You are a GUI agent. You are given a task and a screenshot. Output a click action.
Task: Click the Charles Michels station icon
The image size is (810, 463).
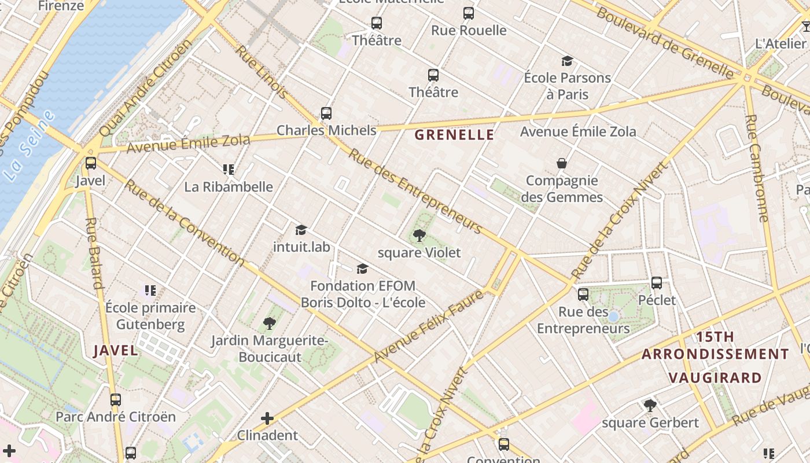pos(326,113)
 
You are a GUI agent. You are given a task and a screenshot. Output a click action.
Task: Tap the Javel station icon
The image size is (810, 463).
pos(91,163)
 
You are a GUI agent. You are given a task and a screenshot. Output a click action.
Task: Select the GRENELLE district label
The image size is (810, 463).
pos(455,135)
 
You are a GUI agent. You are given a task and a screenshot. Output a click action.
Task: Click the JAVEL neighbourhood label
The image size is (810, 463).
pos(116,350)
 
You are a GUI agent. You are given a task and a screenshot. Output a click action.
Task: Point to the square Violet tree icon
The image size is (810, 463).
pos(419,236)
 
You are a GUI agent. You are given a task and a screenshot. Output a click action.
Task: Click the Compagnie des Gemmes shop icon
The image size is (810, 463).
pos(561,163)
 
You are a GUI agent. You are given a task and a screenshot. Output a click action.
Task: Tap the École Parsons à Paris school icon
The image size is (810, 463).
pos(567,61)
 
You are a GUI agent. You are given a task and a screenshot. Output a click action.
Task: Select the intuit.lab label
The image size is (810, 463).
pos(301,247)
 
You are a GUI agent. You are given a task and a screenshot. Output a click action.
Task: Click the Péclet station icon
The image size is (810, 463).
pos(657,283)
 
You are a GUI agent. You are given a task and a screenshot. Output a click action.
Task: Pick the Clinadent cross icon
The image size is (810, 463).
pos(267,418)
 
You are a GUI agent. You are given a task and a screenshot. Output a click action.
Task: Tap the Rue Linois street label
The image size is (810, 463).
pos(262,71)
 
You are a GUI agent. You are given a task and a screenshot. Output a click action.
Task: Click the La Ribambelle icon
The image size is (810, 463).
pos(229,170)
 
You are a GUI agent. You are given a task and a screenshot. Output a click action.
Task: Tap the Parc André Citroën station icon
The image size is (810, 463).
pos(116,399)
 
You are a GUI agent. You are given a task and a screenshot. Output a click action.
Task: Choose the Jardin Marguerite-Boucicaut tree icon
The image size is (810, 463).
pos(269,323)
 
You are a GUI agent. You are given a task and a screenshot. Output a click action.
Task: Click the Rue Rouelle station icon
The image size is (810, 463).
pos(469,13)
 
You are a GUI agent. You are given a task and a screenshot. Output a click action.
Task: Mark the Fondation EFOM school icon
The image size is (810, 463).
pos(363,269)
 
